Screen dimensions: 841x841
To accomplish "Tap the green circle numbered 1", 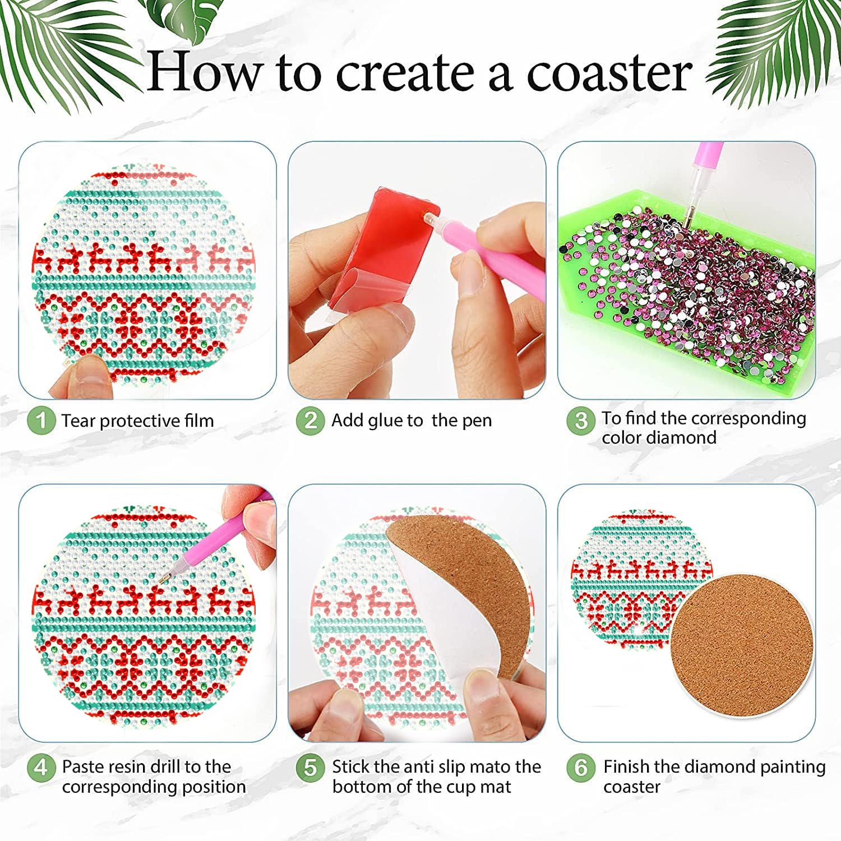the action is tap(41, 420).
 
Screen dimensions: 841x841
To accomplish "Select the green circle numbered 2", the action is tap(311, 420).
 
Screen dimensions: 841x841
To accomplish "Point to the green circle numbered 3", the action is tap(581, 420).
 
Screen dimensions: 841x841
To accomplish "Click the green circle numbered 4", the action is tap(41, 766).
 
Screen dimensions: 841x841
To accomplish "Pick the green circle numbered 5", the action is tap(311, 766).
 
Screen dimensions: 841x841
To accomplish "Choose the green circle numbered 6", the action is tap(581, 766).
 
